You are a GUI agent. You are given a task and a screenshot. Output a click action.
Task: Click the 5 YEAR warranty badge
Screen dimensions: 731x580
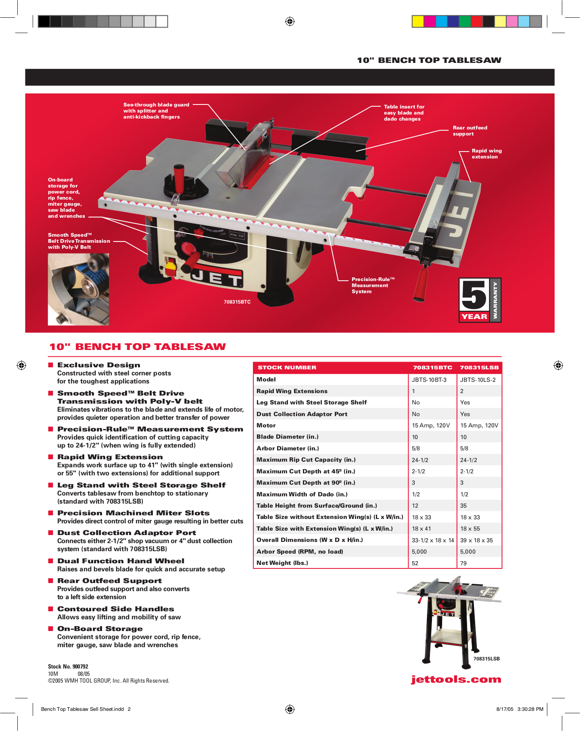[x=480, y=300]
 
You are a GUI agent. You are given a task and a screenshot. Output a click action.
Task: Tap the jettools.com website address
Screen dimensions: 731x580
[x=456, y=679]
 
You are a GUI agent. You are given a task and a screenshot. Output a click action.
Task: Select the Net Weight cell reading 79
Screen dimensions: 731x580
[x=463, y=563]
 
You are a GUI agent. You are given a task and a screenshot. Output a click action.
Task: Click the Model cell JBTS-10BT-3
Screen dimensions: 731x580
[x=429, y=380]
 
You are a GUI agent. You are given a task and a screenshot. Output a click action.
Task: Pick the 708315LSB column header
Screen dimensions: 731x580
[x=479, y=367]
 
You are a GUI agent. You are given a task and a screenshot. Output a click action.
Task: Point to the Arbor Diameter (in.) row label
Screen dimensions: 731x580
[x=288, y=448]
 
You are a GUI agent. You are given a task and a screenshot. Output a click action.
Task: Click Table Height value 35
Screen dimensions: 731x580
[x=463, y=506]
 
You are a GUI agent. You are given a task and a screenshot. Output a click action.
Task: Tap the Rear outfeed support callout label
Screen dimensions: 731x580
[x=470, y=131]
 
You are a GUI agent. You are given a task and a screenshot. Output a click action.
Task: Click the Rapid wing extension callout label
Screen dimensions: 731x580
[x=486, y=154]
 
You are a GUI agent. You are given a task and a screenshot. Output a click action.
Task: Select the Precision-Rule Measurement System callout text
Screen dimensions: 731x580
[x=372, y=285]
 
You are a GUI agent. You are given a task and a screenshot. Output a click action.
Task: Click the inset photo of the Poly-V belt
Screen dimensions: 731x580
[x=78, y=289]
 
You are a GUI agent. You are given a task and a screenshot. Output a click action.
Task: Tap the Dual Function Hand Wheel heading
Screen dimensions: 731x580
[x=121, y=561]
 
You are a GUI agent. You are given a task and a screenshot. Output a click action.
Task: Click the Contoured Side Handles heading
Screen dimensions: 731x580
[x=115, y=609]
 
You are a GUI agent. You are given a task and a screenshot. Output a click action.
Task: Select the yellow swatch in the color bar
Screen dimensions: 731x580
[x=418, y=21]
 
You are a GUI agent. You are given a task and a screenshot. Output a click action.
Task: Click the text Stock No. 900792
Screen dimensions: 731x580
[x=68, y=666]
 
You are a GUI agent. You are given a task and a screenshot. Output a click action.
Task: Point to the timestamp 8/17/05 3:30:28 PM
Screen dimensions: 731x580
[x=519, y=709]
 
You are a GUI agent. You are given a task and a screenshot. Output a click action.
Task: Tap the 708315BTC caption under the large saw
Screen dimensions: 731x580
[x=237, y=302]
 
